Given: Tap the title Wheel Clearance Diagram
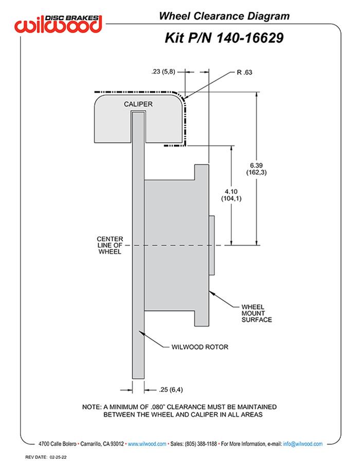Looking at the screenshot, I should (x=224, y=16).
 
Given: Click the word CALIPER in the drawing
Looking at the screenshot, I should (x=138, y=104).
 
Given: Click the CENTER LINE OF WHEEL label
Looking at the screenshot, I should (x=110, y=245).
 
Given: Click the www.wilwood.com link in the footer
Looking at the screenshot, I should (x=147, y=443).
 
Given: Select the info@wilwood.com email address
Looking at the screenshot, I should (x=303, y=443).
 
